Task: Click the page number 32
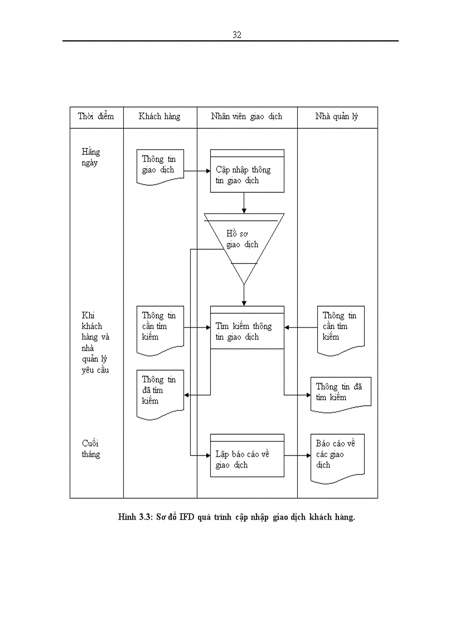tap(236, 35)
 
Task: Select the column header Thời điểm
tap(96, 117)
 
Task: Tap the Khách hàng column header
tap(159, 117)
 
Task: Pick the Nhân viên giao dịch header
tap(246, 117)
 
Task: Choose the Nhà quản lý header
tap(337, 117)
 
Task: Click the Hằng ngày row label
tap(91, 157)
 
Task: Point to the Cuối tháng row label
tap(91, 449)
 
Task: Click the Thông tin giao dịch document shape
tap(160, 164)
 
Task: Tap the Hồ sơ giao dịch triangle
tap(244, 240)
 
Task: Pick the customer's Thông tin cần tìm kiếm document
tap(160, 329)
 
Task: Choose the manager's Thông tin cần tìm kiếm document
tap(340, 329)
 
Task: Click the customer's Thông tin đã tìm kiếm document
tap(159, 393)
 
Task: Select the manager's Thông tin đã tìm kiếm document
tap(340, 393)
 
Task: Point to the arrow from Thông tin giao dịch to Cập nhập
tap(197, 171)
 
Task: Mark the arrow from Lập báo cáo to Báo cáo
tap(297, 455)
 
